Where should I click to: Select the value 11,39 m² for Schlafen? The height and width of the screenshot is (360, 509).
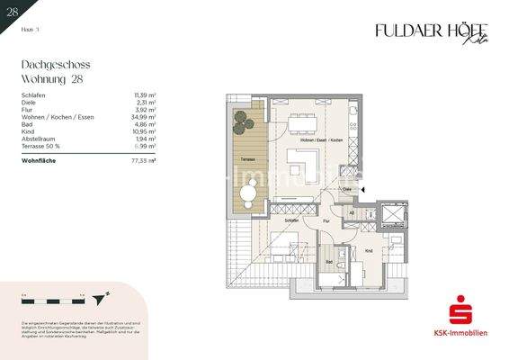click(x=145, y=94)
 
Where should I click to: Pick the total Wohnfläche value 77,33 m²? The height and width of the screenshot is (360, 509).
click(x=144, y=159)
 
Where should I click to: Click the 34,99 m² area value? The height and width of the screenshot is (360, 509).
click(x=144, y=118)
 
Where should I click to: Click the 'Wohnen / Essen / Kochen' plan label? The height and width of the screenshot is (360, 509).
click(x=321, y=141)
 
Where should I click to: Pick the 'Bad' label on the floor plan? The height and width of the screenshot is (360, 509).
click(x=330, y=261)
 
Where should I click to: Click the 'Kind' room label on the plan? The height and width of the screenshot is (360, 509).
click(x=368, y=251)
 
